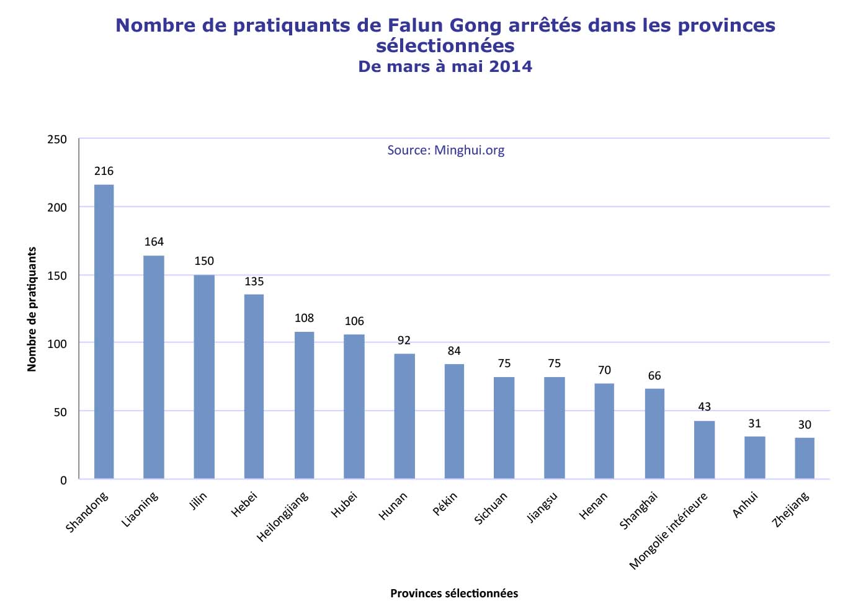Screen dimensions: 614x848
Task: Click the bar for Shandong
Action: pos(104,331)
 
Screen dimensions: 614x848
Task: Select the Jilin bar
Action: pos(204,376)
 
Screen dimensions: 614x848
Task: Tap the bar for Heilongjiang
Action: pos(304,405)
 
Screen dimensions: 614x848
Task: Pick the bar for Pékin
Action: pos(454,421)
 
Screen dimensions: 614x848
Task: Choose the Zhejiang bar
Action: pos(805,458)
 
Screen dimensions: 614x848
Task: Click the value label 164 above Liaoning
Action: pos(154,242)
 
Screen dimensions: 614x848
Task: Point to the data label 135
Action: pos(254,282)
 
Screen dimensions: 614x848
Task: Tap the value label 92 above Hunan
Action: pos(404,340)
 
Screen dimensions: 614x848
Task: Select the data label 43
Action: pos(704,407)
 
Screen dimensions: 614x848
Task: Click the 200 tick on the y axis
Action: pos(57,207)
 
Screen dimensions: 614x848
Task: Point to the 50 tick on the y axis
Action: pos(60,411)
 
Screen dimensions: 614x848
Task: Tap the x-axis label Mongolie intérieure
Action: pos(668,531)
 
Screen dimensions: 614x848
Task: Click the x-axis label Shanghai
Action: pos(638,511)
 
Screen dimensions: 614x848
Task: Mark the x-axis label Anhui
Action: pos(745,504)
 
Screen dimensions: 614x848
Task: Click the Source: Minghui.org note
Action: pos(445,150)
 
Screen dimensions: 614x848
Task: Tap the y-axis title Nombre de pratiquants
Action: pos(32,309)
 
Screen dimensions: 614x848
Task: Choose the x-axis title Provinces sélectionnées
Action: pos(454,594)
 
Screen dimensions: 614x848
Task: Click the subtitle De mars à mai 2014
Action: pos(445,66)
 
